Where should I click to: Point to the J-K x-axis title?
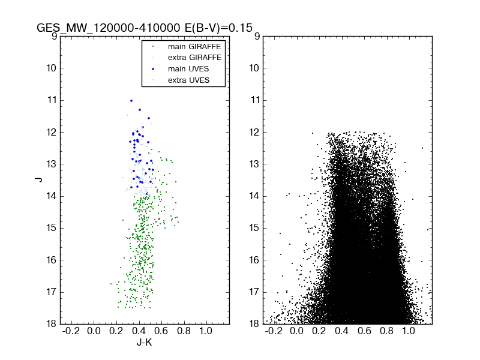144,344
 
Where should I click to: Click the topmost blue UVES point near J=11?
131,101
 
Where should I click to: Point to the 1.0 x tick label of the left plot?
206,331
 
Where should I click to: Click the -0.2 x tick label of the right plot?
274,331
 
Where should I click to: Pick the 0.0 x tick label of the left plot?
94,331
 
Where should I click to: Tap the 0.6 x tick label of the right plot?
364,331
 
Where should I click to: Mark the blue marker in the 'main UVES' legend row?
152,69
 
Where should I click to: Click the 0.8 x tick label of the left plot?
184,331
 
